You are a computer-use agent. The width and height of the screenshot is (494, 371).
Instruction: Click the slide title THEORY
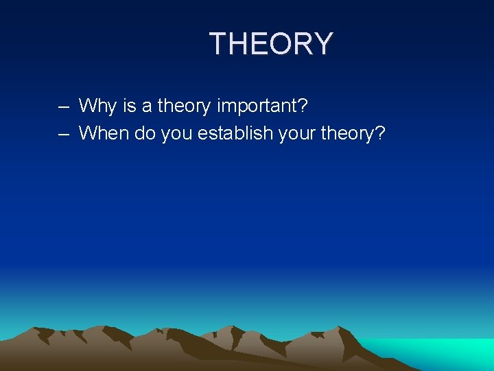click(271, 44)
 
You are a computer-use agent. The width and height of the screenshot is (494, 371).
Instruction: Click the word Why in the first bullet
click(97, 106)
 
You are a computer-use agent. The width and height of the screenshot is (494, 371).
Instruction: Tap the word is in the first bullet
click(128, 106)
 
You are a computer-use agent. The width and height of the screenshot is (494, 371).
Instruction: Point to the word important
click(256, 106)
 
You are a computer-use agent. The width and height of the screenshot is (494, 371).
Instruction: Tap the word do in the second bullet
click(145, 133)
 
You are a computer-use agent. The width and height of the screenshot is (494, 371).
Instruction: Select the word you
click(177, 134)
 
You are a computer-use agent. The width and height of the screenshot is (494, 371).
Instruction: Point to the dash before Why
click(64, 107)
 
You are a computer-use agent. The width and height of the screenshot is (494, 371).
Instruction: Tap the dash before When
click(64, 134)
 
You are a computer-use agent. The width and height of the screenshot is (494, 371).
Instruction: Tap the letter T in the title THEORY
click(219, 44)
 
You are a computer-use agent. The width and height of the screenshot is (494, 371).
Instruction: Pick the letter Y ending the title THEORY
click(322, 44)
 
